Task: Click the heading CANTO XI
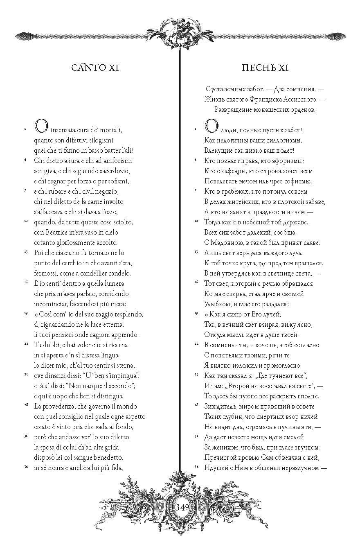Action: pyautogui.click(x=95, y=68)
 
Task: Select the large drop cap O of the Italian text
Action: pyautogui.click(x=42, y=127)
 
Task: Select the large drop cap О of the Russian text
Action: pyautogui.click(x=211, y=127)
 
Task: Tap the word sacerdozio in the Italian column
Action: pyautogui.click(x=119, y=171)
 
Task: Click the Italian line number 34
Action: pyautogui.click(x=25, y=466)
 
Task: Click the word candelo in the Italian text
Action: pyautogui.click(x=119, y=273)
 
